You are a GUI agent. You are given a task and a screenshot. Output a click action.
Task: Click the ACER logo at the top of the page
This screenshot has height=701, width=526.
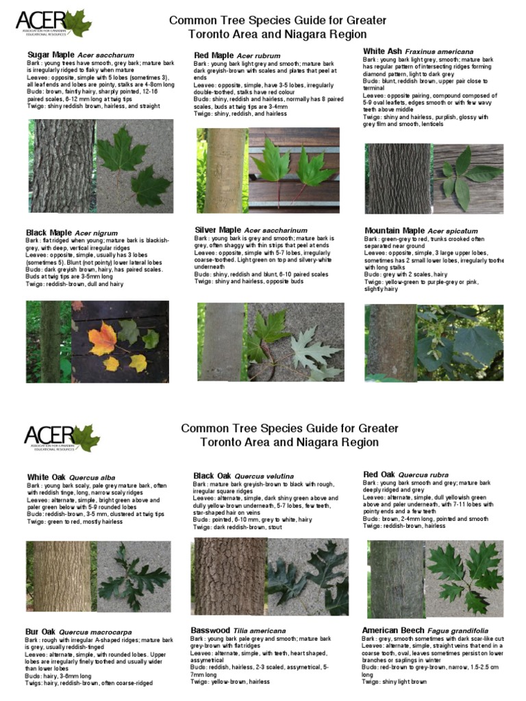coord(53,24)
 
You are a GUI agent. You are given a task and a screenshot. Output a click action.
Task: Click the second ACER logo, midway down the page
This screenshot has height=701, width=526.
coord(62,437)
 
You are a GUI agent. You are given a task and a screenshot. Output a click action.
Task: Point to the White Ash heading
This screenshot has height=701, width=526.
coord(382,51)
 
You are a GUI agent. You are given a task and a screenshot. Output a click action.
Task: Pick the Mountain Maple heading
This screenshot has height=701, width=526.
coord(394,231)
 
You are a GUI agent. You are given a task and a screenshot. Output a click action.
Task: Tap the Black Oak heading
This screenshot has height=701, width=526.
coord(212,476)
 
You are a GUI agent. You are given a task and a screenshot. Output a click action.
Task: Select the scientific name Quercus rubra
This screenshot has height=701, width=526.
coord(423,474)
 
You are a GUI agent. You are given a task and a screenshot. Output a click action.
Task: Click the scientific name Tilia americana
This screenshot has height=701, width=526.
coord(259,630)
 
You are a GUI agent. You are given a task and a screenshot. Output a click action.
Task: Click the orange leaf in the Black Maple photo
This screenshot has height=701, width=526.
coord(103,338)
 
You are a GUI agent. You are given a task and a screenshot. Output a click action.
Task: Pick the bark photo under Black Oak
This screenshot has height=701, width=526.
coord(226,576)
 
